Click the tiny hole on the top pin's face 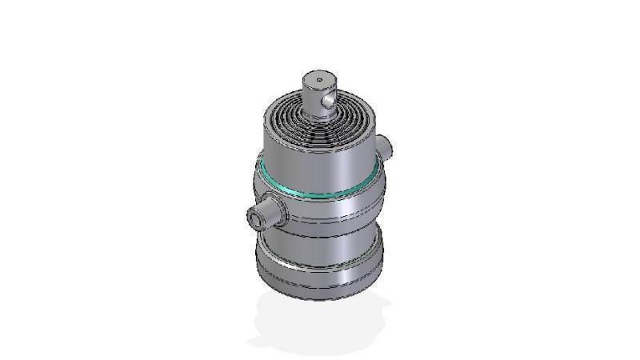coord(318,79)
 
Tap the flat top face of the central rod coord(318,80)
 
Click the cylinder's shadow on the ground coord(320,324)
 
